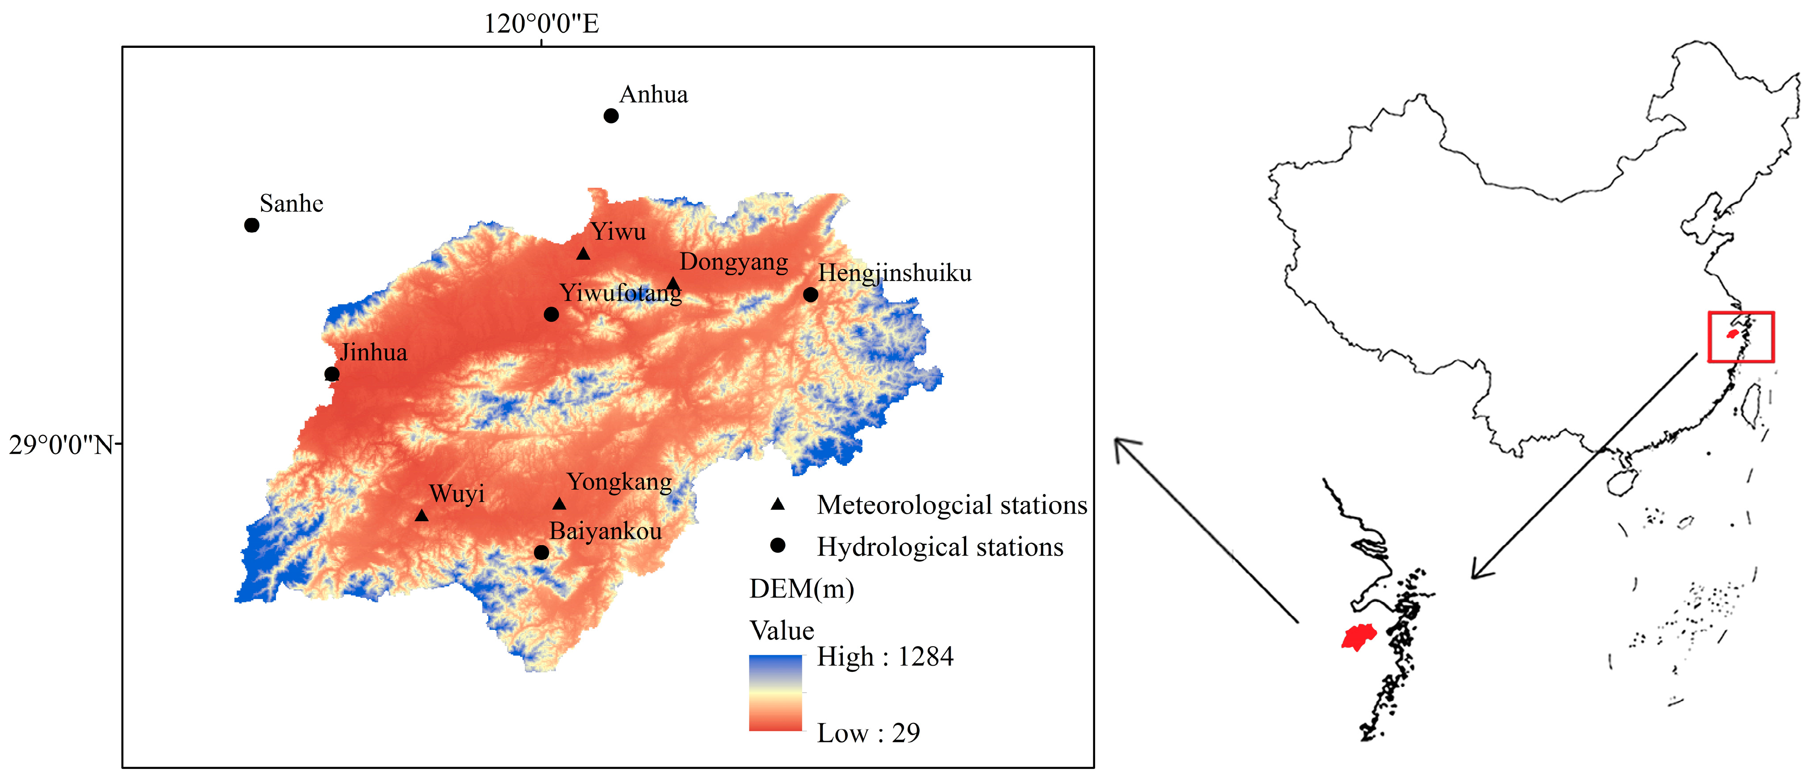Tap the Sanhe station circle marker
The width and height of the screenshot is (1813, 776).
tap(252, 225)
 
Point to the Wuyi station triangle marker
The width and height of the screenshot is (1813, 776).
tap(422, 516)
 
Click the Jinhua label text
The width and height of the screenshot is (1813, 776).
tap(374, 352)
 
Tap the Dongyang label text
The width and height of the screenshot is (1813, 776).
tap(733, 262)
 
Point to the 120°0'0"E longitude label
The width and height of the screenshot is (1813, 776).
tap(540, 24)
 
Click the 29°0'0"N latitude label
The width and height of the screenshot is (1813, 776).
tap(61, 445)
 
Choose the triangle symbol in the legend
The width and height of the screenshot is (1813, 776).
tap(778, 504)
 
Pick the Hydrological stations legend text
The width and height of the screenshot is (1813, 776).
tap(940, 547)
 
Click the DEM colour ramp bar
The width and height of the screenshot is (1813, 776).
tap(775, 693)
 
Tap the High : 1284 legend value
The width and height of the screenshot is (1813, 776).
tap(885, 657)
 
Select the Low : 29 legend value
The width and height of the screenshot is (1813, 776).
tap(868, 733)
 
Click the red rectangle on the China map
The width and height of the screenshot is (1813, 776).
tap(1741, 337)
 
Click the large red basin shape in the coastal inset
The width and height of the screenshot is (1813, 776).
tap(1359, 637)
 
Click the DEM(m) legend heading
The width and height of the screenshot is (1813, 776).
tap(802, 589)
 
